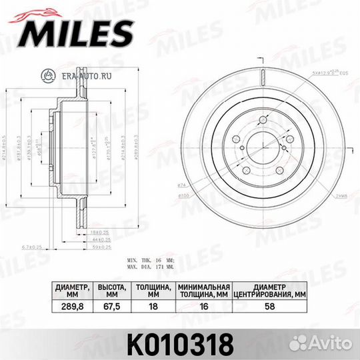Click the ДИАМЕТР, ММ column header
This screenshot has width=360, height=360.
coord(69,289)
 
